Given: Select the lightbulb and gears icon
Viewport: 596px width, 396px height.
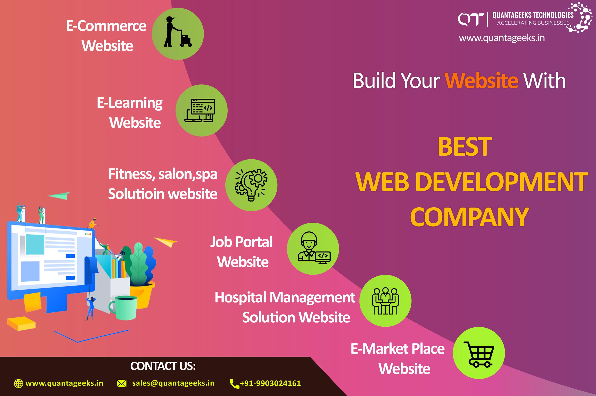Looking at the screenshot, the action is tap(251, 185).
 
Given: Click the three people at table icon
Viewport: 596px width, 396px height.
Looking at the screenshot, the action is tap(385, 301).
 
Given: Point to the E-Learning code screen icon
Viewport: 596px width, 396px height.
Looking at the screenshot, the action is tap(200, 110).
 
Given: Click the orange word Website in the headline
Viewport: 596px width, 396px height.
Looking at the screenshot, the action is tap(481, 81).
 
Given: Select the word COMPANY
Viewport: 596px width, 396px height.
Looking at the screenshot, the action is tap(469, 217).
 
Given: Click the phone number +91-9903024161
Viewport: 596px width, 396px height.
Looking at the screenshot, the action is tap(270, 383).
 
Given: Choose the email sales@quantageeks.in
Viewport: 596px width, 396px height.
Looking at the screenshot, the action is tap(173, 383).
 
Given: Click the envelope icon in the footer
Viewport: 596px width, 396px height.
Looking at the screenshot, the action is tap(121, 384).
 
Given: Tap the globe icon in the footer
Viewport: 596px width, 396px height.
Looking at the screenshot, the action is tap(18, 383).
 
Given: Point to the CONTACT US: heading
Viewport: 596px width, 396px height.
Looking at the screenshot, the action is tap(163, 366).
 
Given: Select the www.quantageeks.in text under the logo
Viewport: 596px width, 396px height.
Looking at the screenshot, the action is tap(502, 38).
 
